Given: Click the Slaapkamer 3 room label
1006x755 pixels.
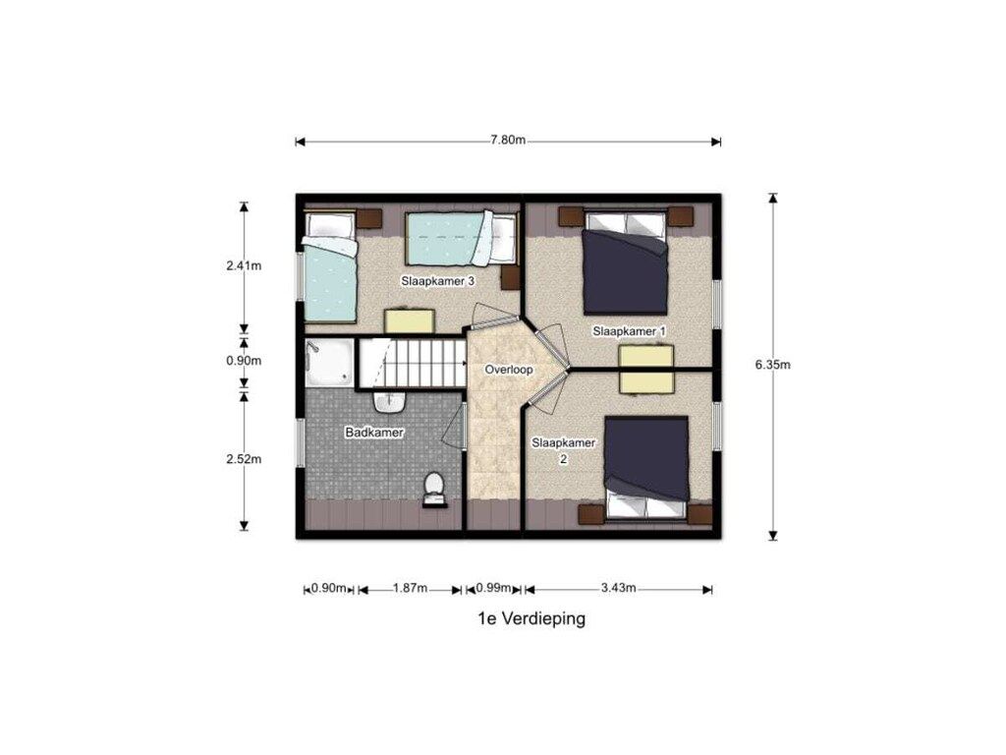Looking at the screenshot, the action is point(438,281).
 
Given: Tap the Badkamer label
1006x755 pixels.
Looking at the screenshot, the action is point(374,433).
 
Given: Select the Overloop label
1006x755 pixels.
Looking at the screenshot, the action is point(509,370).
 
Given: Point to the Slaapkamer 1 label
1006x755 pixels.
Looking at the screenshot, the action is point(629,331).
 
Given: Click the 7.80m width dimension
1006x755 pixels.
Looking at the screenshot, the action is point(508,141).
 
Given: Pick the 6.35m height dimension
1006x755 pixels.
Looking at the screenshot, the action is point(772,365).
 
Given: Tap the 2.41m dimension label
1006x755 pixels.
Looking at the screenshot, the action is point(244,265).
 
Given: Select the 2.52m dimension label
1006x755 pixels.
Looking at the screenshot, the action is point(244,459).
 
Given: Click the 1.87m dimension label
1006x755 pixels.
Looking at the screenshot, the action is point(410,588).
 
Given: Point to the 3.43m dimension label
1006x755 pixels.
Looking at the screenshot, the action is point(619,588).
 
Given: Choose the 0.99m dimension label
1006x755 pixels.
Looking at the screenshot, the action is point(493,588).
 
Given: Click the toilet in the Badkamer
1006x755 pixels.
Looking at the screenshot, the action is point(434,491).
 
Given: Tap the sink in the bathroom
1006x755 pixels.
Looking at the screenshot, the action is point(389,402).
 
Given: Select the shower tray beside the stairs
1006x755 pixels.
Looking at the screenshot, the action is point(329,363).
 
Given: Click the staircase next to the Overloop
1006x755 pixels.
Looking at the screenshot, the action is point(412,364).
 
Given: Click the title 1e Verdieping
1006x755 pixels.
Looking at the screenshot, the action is point(531,619).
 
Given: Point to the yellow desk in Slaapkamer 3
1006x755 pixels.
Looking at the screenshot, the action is point(410,321).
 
